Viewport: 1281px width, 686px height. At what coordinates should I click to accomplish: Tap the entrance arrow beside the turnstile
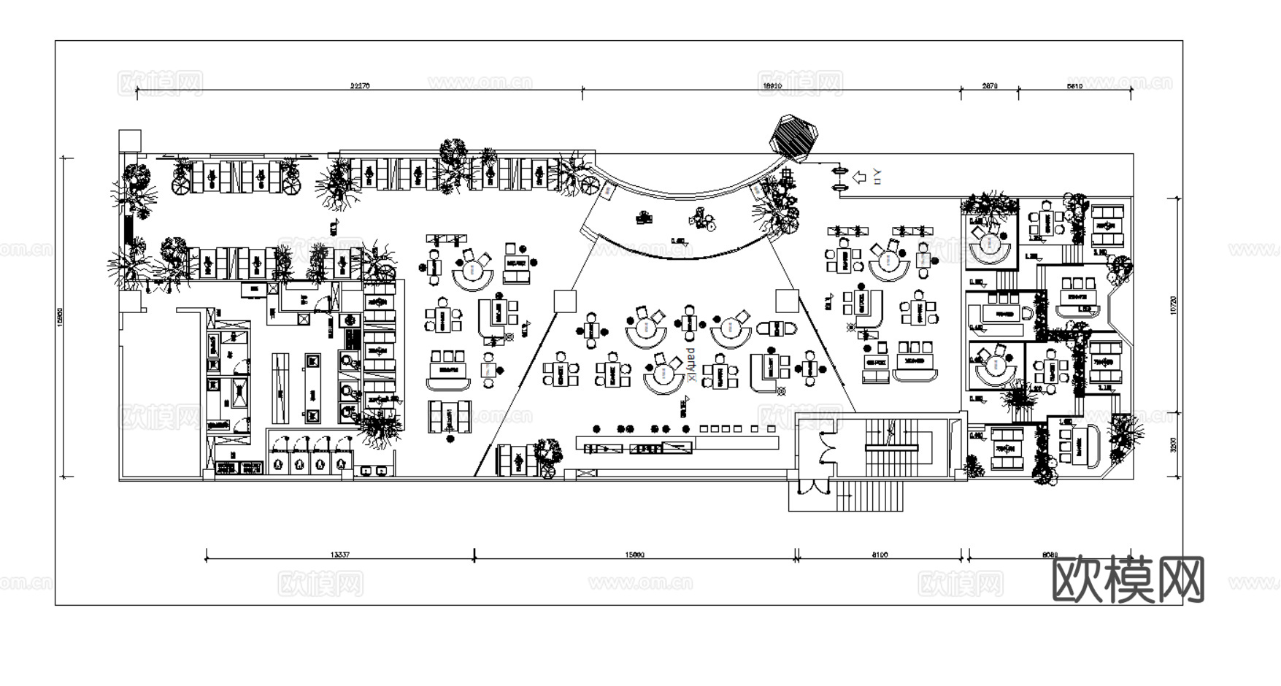pyautogui.click(x=860, y=177)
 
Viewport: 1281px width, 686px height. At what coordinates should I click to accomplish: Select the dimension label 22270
pyautogui.click(x=360, y=85)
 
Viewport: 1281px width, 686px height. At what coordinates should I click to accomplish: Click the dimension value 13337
pyautogui.click(x=340, y=555)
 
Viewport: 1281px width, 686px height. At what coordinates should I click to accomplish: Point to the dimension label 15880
pyautogui.click(x=634, y=555)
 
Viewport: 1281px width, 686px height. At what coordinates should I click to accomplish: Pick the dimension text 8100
pyautogui.click(x=880, y=555)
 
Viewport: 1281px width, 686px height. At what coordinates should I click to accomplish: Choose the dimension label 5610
pyautogui.click(x=1074, y=85)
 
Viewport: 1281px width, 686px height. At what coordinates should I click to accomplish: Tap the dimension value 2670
pyautogui.click(x=990, y=85)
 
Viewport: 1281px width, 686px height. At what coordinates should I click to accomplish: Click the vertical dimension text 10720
pyautogui.click(x=1174, y=305)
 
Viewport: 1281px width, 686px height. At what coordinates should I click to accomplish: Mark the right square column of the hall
pyautogui.click(x=787, y=301)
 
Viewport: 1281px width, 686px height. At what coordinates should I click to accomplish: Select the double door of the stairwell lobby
pyautogui.click(x=826, y=449)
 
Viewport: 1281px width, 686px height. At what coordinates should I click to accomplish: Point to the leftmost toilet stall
pyautogui.click(x=277, y=456)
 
